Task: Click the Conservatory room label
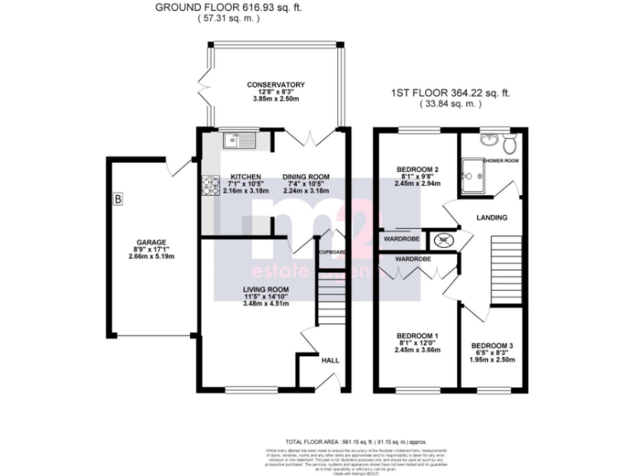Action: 275,84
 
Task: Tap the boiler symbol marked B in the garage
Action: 117,199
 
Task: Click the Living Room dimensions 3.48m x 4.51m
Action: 242,302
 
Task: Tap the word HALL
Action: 330,360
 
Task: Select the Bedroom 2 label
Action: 417,169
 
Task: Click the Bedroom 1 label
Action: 417,336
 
